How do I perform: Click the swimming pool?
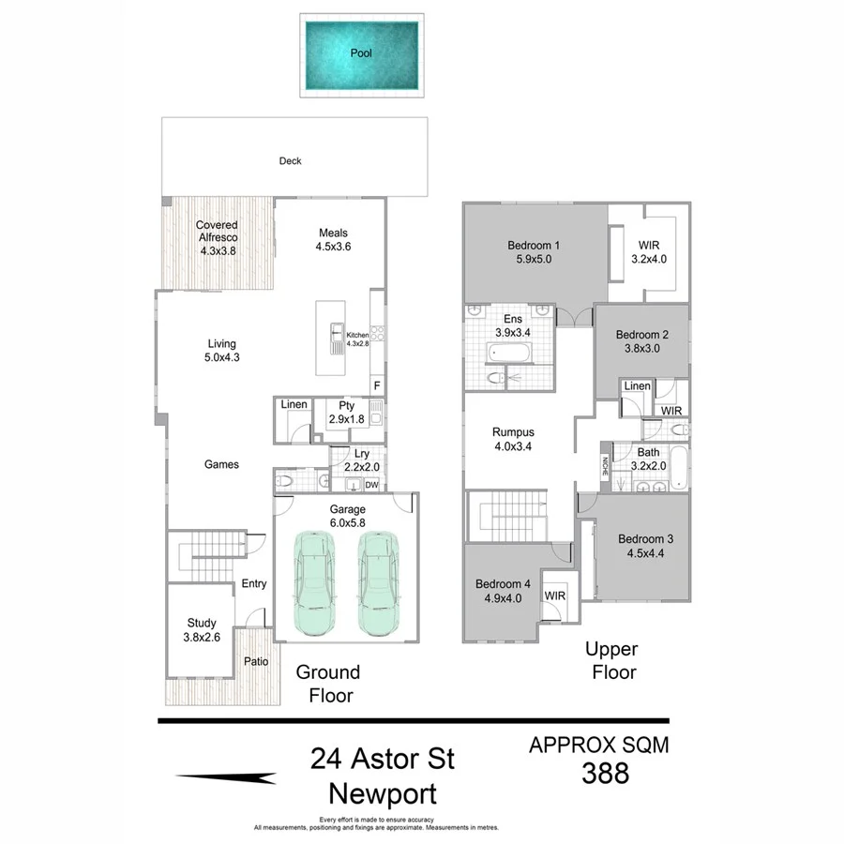(x=361, y=54)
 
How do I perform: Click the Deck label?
(x=291, y=161)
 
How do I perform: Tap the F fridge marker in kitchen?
(x=377, y=385)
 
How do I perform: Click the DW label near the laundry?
(x=371, y=485)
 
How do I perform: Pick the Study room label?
(x=202, y=623)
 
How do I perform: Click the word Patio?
(x=256, y=661)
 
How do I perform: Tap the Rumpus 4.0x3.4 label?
(x=513, y=439)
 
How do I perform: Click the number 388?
(x=605, y=774)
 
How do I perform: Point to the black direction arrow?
(x=226, y=777)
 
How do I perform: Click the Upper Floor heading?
(x=611, y=660)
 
